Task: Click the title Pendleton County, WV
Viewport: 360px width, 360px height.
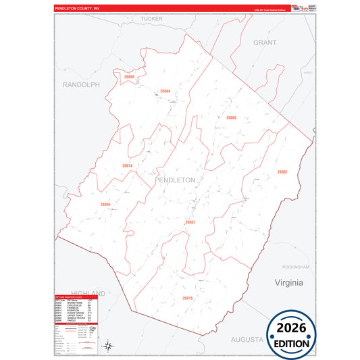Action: pyautogui.click(x=76, y=9)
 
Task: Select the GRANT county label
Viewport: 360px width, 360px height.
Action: pyautogui.click(x=265, y=42)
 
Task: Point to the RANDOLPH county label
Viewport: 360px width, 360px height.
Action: pyautogui.click(x=80, y=84)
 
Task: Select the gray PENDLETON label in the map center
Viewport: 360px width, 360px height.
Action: pyautogui.click(x=175, y=180)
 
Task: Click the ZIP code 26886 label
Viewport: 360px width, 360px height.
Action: pyautogui.click(x=129, y=78)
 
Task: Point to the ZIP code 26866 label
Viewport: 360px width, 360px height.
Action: pyautogui.click(x=230, y=118)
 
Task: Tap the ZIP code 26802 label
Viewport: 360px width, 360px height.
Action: pyautogui.click(x=282, y=172)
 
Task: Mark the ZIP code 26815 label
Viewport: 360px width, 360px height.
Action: pyautogui.click(x=187, y=298)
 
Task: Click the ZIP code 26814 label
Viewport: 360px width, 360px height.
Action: pyautogui.click(x=128, y=165)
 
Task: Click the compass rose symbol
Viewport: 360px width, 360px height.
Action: pyautogui.click(x=109, y=346)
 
